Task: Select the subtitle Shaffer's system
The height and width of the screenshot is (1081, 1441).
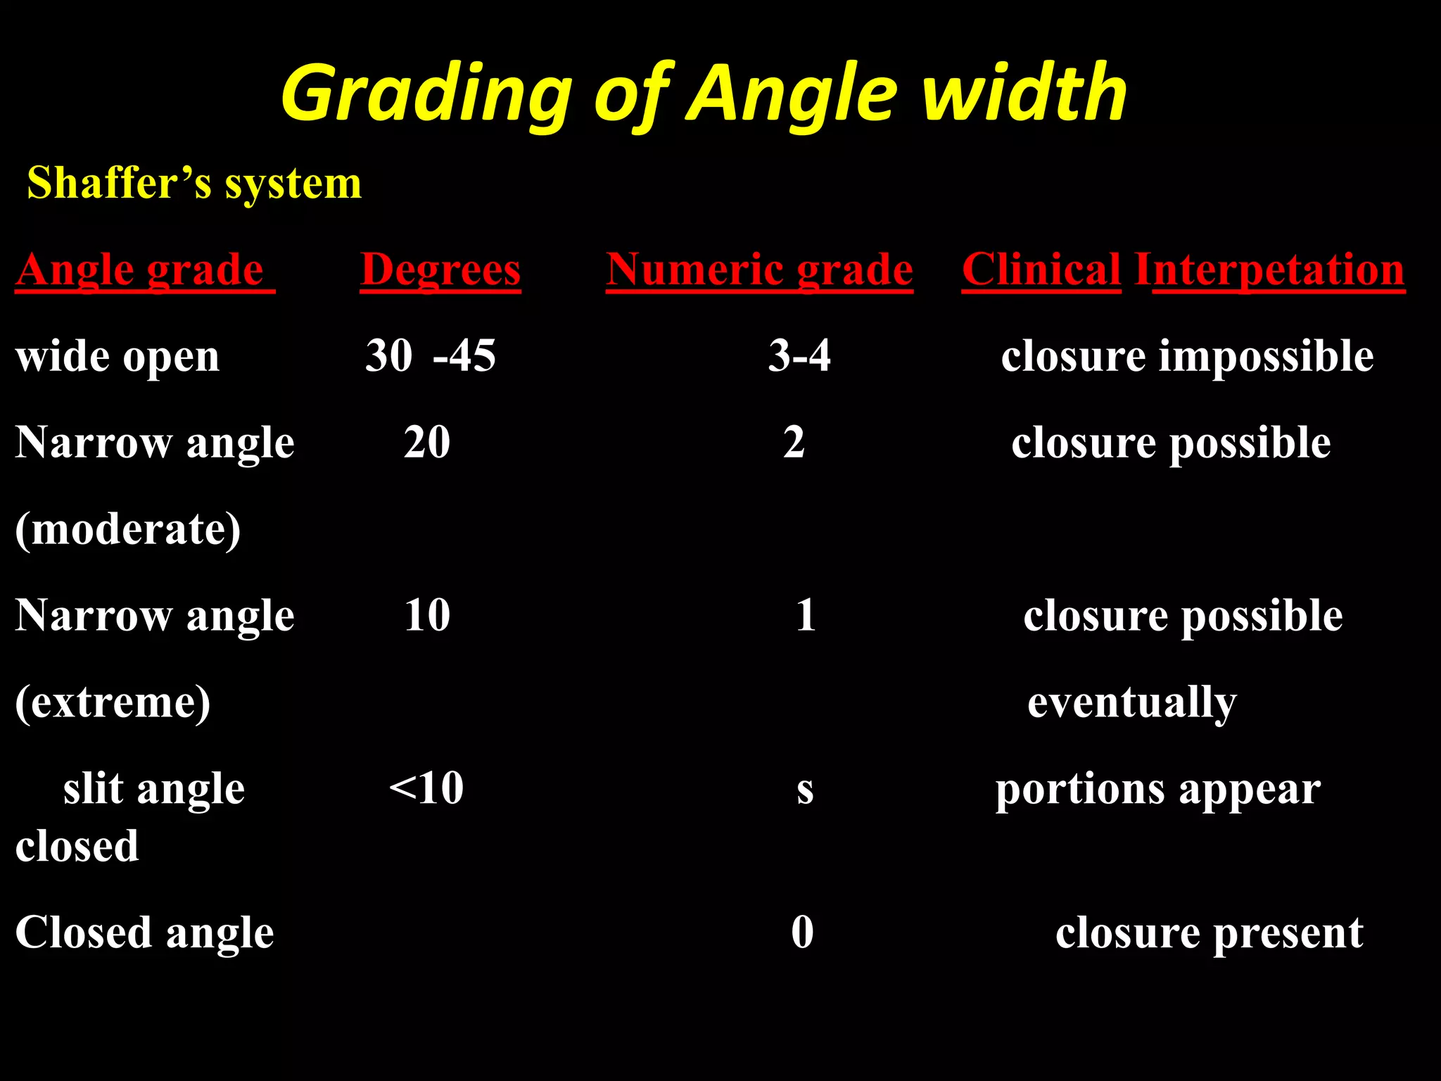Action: (194, 184)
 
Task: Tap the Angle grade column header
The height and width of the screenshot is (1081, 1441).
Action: (144, 270)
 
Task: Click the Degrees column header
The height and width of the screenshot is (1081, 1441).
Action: (440, 270)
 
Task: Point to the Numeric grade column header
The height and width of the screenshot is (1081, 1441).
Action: (759, 270)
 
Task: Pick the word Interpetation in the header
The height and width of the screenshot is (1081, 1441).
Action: (1270, 270)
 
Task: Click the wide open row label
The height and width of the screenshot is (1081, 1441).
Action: (118, 357)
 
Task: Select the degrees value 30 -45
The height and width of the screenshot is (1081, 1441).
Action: (431, 355)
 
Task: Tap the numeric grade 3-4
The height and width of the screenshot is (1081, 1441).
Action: (799, 355)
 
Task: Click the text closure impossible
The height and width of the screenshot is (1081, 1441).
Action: (1187, 357)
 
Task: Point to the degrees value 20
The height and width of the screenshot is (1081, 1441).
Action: (427, 443)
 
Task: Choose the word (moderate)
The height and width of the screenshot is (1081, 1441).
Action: (128, 529)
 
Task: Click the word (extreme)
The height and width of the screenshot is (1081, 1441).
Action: (113, 702)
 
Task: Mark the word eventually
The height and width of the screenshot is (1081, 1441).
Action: (1131, 702)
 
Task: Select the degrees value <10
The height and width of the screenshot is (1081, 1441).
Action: (426, 788)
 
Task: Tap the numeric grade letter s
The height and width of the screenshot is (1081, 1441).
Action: (805, 791)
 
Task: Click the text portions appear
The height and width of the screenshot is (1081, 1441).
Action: (1157, 790)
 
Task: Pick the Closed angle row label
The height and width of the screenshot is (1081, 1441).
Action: (144, 933)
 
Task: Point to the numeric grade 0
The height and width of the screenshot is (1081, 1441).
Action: (802, 933)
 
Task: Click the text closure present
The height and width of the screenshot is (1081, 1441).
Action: (1209, 933)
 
